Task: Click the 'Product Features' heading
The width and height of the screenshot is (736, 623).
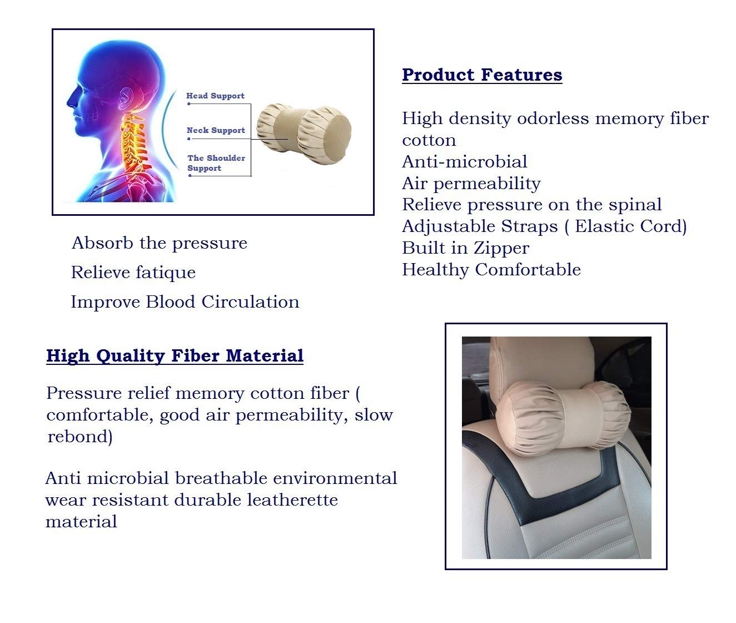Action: (x=482, y=75)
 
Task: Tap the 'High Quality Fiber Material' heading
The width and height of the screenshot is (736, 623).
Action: (x=175, y=355)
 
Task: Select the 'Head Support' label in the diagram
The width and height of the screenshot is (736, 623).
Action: (x=216, y=96)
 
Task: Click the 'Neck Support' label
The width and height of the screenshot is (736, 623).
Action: (x=216, y=130)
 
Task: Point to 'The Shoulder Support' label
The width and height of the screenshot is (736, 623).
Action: (x=216, y=163)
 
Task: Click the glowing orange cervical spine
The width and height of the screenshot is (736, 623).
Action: (x=135, y=146)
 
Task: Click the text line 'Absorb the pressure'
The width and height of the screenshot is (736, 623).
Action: (x=160, y=244)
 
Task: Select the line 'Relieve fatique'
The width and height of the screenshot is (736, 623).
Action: (x=133, y=273)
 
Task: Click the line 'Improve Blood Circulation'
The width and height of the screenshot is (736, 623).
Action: (x=185, y=302)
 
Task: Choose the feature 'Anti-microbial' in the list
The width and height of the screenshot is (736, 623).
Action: (x=465, y=161)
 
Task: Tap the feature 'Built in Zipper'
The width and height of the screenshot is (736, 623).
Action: (x=466, y=249)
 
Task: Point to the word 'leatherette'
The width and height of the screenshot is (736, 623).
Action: (x=292, y=500)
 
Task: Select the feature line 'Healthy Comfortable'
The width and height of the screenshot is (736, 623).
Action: (x=491, y=270)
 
